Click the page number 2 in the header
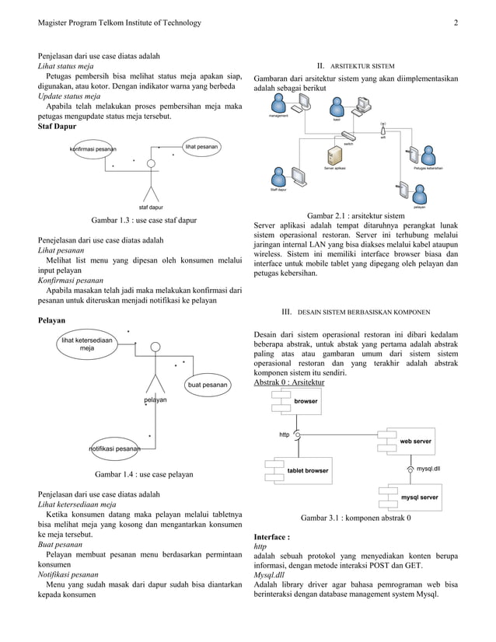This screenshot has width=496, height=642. (x=456, y=23)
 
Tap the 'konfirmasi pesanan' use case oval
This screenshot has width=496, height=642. (x=93, y=148)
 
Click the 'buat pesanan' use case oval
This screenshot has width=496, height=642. (x=207, y=384)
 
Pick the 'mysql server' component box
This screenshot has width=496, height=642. (x=417, y=497)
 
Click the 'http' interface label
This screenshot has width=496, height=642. (x=285, y=434)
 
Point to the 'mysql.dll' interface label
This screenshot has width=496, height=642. (x=428, y=469)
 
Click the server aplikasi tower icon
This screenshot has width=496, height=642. (x=336, y=155)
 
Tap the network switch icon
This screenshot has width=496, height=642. (x=349, y=137)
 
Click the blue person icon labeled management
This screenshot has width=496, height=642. (x=278, y=105)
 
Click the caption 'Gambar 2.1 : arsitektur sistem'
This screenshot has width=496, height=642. (x=355, y=215)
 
